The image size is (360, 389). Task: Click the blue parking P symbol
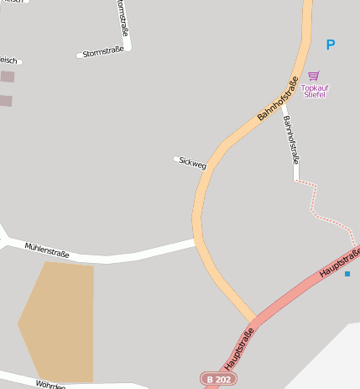[x=330, y=45]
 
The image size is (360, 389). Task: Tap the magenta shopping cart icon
[x=313, y=76]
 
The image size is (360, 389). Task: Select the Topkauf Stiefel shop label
[x=313, y=91]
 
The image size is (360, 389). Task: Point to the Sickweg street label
[x=192, y=164]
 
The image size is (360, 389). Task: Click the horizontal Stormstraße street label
[x=103, y=51]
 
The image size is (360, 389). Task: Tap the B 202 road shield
[x=218, y=380]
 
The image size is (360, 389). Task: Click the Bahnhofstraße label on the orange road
[x=278, y=99]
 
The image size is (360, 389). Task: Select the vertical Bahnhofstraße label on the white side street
[x=291, y=139]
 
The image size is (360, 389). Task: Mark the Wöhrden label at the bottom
[x=50, y=385]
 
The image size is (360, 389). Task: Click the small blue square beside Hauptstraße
[x=347, y=274]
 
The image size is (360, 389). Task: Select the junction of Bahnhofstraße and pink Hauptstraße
[x=253, y=320]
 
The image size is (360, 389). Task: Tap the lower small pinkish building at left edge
[x=6, y=101]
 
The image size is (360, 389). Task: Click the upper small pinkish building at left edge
[x=7, y=76]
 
